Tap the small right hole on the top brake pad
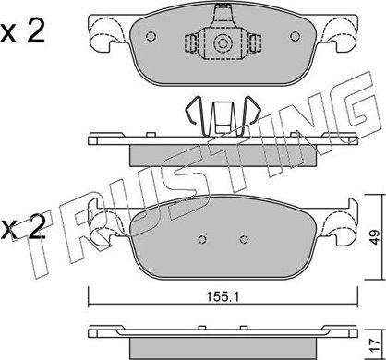click(295, 37)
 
